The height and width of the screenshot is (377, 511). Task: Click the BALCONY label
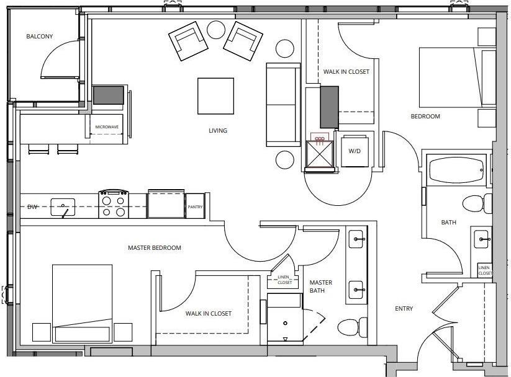click(x=39, y=37)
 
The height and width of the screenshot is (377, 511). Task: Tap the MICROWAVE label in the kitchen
click(x=106, y=127)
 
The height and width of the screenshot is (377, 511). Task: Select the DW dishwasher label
click(x=32, y=206)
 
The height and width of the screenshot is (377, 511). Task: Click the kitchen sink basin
click(x=63, y=206)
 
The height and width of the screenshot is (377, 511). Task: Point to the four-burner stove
click(x=113, y=204)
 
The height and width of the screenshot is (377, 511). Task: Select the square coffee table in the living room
click(x=215, y=95)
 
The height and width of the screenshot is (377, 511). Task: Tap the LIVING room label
click(x=218, y=131)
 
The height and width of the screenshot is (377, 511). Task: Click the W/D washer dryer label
click(x=355, y=151)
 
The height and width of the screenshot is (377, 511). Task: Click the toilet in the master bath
click(x=352, y=326)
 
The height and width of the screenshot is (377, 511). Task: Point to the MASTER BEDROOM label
click(x=154, y=248)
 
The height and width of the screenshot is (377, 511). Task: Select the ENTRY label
click(x=404, y=309)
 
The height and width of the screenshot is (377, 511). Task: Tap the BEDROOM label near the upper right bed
click(x=425, y=117)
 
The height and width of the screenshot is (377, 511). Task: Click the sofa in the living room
click(x=283, y=104)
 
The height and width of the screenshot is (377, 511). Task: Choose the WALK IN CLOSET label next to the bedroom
click(x=346, y=72)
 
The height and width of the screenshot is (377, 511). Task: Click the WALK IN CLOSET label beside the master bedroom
click(x=208, y=314)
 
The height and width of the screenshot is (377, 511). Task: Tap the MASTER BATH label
click(x=321, y=286)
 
